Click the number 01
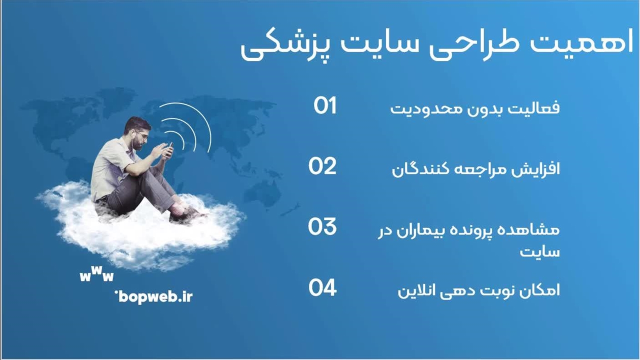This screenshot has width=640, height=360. [x=325, y=105]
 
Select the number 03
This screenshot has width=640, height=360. [x=322, y=226]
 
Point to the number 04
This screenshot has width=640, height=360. [x=322, y=287]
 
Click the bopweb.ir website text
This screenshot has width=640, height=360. [x=154, y=297]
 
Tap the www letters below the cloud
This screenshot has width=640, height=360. [x=96, y=274]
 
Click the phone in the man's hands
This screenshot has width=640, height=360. [x=170, y=149]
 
